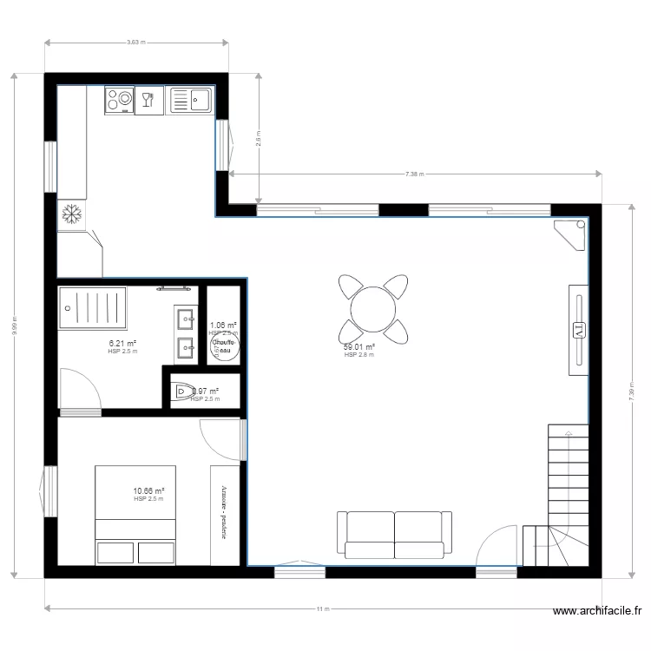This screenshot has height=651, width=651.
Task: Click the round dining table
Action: point(372,309)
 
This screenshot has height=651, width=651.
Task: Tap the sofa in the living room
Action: point(395,534)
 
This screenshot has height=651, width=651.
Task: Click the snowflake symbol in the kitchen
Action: point(71,214)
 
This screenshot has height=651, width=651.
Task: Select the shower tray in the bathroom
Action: point(92,308)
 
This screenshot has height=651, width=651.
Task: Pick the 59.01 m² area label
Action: point(358,347)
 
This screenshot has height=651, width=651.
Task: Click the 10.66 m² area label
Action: point(148,491)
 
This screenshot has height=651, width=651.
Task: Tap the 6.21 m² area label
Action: point(122,344)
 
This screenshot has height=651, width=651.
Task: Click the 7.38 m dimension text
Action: point(414,174)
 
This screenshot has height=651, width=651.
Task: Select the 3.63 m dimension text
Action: point(136,42)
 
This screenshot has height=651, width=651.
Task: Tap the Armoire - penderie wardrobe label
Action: point(224,512)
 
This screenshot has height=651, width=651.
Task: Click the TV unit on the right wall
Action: point(578,329)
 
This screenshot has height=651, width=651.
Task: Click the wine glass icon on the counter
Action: point(147,101)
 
